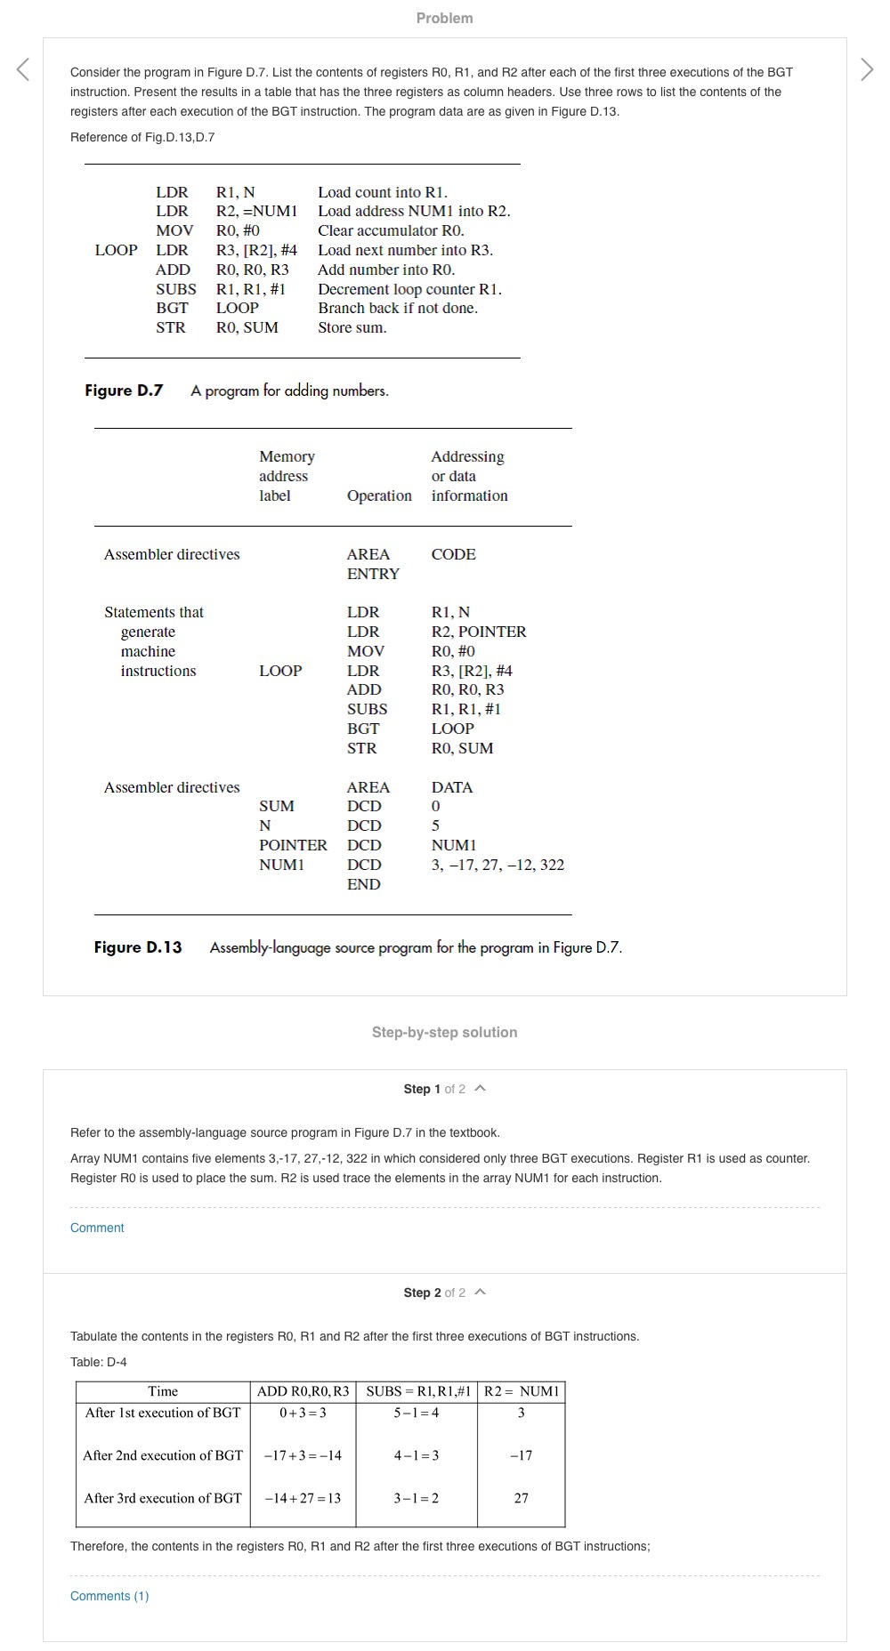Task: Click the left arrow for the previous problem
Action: (x=23, y=69)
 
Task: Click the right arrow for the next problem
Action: (x=867, y=69)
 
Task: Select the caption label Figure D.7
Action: (x=124, y=391)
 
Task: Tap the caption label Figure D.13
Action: (x=138, y=947)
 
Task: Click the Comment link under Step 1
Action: (x=97, y=1228)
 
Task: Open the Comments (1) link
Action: (x=109, y=1596)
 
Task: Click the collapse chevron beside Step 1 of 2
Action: (x=481, y=1089)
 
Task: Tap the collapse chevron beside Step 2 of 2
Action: (x=481, y=1293)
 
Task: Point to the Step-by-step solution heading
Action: (x=444, y=1032)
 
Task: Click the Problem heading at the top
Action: (x=444, y=18)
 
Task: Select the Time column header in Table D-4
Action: (x=163, y=1391)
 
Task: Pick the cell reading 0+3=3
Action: (x=303, y=1413)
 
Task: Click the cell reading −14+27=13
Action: (x=303, y=1498)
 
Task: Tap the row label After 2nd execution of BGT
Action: (x=163, y=1455)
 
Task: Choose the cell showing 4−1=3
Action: (x=417, y=1455)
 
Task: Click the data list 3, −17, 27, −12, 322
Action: (x=498, y=865)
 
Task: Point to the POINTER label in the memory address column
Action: (x=293, y=845)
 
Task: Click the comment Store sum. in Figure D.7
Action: (x=352, y=327)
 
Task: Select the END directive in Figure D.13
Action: (x=363, y=884)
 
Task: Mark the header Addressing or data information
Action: (x=469, y=476)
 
